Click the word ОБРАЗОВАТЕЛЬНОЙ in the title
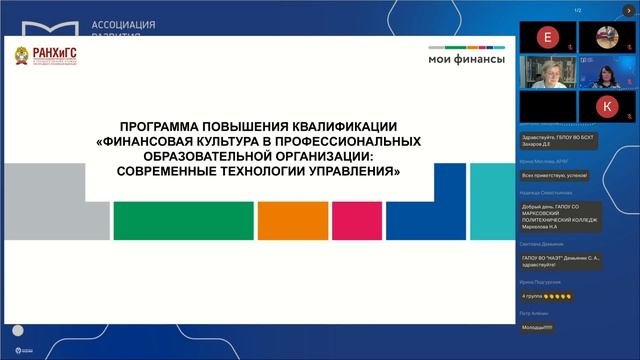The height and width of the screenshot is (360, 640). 189,157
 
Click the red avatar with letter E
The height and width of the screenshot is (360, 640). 545,37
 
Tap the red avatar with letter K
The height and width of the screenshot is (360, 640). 606,105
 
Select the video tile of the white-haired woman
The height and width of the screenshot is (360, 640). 545,72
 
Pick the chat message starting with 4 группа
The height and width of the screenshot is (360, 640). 546,297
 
